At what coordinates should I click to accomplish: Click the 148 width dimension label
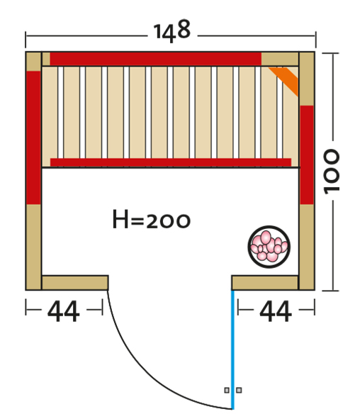pyautogui.click(x=172, y=31)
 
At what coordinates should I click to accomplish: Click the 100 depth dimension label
pyautogui.click(x=331, y=172)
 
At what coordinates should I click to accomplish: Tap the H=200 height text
pyautogui.click(x=152, y=220)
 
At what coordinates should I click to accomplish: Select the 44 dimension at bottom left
pyautogui.click(x=64, y=311)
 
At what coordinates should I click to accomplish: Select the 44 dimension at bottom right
pyautogui.click(x=276, y=311)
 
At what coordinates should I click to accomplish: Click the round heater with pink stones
pyautogui.click(x=269, y=247)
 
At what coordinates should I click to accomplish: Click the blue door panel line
pyautogui.click(x=233, y=350)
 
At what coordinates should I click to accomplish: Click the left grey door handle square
pyautogui.click(x=227, y=390)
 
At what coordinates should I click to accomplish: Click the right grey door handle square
pyautogui.click(x=240, y=390)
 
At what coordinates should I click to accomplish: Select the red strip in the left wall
pyautogui.click(x=33, y=138)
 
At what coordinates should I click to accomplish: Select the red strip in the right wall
pyautogui.click(x=307, y=155)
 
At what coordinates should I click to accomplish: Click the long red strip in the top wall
pyautogui.click(x=156, y=59)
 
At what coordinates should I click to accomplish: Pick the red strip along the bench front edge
pyautogui.click(x=171, y=162)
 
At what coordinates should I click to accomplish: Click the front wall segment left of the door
pyautogui.click(x=75, y=283)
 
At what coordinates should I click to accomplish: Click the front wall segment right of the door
pyautogui.click(x=265, y=283)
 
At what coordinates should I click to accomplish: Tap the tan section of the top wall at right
pyautogui.click(x=280, y=59)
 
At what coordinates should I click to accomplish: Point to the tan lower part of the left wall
pyautogui.click(x=33, y=247)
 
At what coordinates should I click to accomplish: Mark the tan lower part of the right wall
pyautogui.click(x=307, y=247)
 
